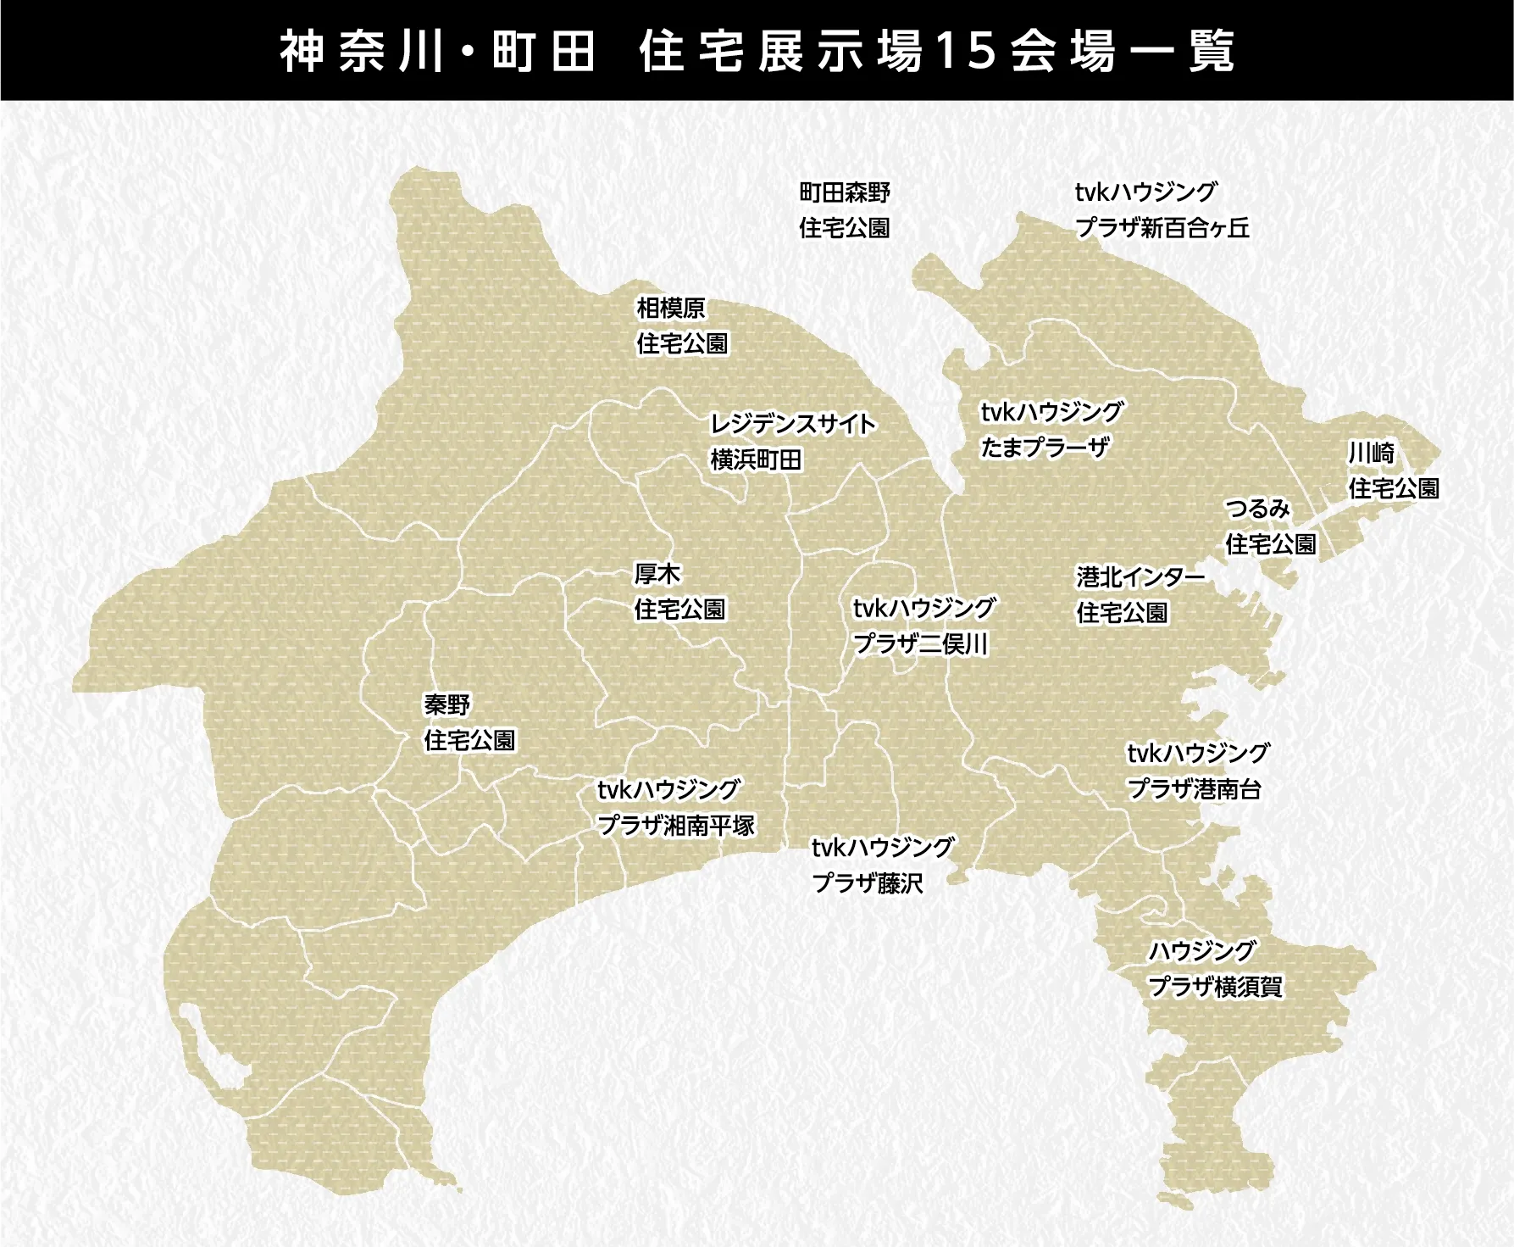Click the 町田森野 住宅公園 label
845,210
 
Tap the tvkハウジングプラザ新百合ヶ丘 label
1162,210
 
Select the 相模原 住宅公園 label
682,326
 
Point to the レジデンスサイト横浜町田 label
792,442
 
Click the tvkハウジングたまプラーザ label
1051,429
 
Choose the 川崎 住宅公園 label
1393,470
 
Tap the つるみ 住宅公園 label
1270,526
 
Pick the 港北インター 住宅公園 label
1140,594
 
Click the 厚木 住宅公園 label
679,592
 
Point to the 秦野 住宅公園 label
469,722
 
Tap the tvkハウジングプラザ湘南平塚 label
675,807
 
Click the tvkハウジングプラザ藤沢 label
882,865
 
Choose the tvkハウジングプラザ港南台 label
1197,771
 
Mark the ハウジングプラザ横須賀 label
1214,969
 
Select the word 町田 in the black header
542,52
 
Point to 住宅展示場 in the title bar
780,52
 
